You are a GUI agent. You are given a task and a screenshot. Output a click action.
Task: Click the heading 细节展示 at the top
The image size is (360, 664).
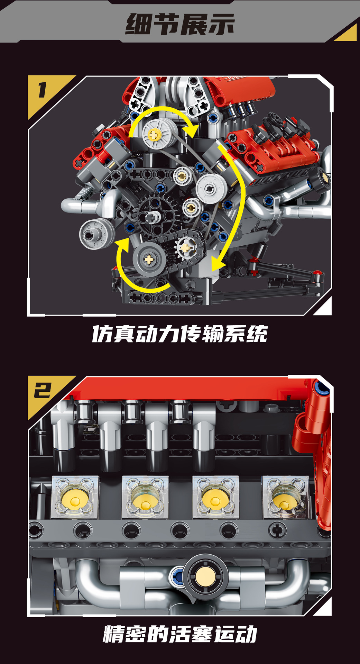click(x=180, y=24)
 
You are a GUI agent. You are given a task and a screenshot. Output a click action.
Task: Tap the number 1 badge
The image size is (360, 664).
click(x=43, y=90)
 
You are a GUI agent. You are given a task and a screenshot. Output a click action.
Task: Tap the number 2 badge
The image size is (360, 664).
click(x=43, y=391)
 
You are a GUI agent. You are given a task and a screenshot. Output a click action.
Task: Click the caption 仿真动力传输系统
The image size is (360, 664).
click(x=180, y=334)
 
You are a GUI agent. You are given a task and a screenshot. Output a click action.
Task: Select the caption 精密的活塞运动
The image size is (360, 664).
click(x=180, y=634)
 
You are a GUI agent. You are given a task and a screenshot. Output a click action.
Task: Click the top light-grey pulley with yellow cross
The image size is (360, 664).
click(x=159, y=134)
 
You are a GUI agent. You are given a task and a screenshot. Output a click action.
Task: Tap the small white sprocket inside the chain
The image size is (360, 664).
click(x=186, y=248)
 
